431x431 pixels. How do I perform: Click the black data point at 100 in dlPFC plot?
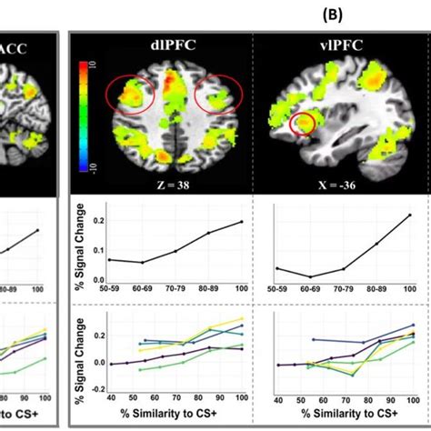click(242, 222)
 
